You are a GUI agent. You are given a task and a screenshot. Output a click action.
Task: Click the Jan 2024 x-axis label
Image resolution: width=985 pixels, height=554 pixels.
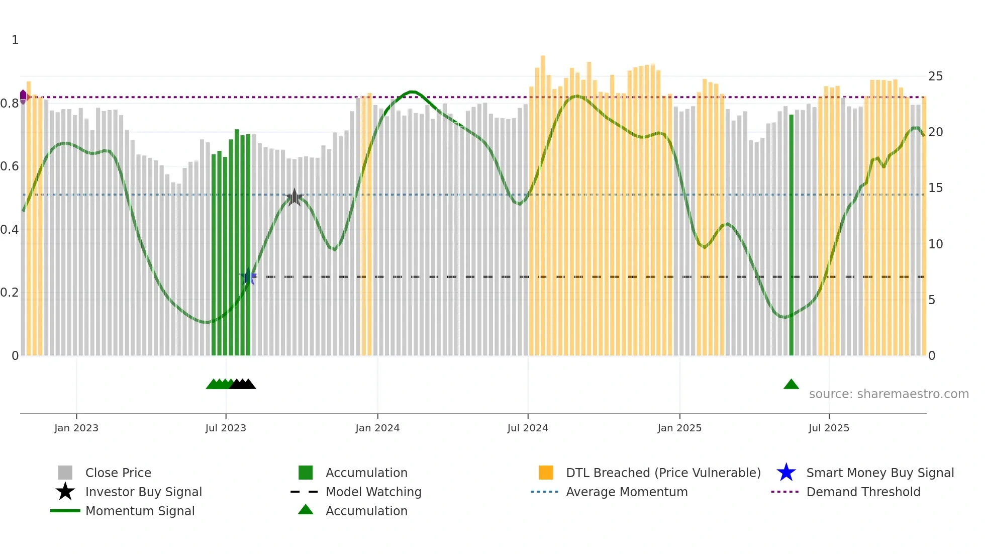(377, 428)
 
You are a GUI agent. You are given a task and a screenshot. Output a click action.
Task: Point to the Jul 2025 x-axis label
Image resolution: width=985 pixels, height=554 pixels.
(829, 428)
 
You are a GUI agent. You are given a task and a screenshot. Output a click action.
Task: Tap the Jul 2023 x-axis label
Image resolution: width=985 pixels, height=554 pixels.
(226, 428)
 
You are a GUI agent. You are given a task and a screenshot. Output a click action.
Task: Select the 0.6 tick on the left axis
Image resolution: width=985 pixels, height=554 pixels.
(10, 166)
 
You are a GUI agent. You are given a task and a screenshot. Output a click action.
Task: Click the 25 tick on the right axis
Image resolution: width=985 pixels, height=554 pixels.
(935, 76)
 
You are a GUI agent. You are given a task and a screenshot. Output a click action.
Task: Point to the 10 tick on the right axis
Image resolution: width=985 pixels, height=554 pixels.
(935, 244)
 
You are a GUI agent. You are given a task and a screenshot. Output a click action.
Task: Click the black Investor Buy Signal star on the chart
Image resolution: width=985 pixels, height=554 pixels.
(294, 197)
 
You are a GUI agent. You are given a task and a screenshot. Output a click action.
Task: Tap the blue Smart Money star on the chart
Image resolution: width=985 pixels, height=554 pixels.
(248, 276)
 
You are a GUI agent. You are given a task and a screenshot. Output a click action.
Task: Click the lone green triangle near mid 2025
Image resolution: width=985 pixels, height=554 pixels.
(791, 385)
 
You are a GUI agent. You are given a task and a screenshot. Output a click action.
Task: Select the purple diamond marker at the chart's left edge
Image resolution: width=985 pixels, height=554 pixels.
(23, 96)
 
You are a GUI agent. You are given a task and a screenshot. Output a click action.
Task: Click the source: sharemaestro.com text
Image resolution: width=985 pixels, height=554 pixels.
(889, 394)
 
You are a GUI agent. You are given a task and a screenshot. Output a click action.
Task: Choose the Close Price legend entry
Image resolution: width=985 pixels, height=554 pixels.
(118, 473)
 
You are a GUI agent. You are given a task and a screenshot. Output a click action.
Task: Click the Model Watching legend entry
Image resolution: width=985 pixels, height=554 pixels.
(373, 492)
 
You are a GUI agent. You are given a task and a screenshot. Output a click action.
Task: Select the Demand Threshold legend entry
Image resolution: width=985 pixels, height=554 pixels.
(863, 492)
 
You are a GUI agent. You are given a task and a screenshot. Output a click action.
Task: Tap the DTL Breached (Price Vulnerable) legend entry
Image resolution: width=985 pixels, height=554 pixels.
(663, 473)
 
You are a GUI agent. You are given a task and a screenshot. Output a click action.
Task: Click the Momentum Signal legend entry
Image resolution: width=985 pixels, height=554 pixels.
(140, 511)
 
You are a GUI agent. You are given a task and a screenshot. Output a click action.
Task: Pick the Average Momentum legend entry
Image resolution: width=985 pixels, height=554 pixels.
(627, 492)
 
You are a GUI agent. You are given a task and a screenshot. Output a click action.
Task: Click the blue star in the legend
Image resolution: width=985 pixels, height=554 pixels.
(786, 473)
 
